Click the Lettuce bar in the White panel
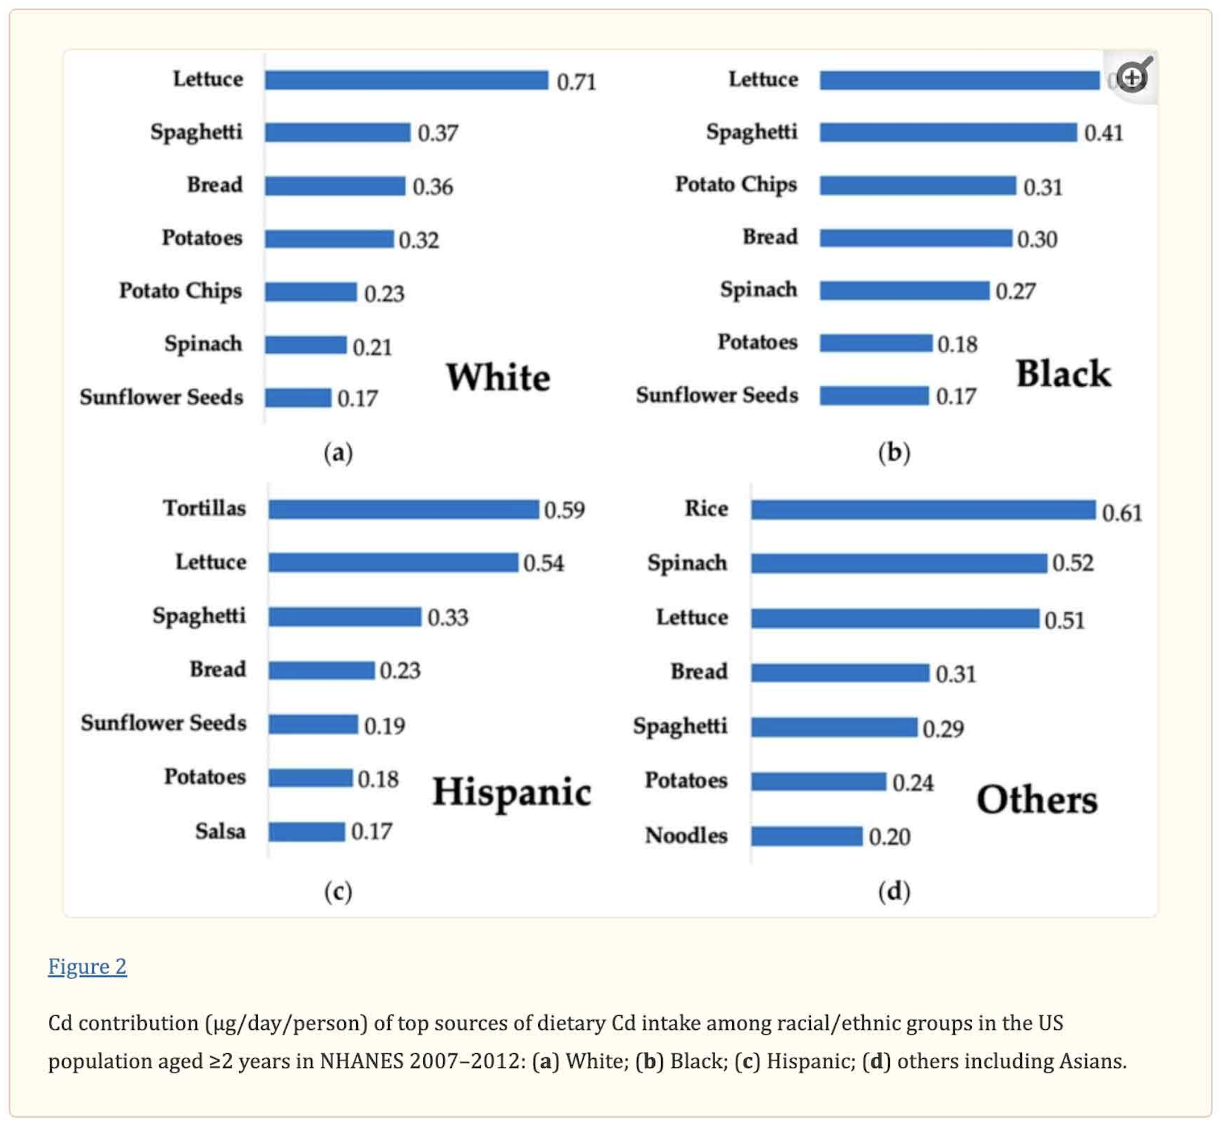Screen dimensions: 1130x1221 point(407,80)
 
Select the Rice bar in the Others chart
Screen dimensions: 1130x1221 point(923,510)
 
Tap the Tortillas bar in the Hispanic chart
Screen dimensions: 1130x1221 point(403,509)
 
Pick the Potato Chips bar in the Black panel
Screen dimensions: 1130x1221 point(917,185)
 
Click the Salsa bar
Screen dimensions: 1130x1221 point(307,832)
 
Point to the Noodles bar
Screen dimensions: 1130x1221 point(806,836)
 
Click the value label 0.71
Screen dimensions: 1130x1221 point(576,82)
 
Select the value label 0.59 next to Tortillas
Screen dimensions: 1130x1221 point(564,510)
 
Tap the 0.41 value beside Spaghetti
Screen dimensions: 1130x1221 point(1103,133)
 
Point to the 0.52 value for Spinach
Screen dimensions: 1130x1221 point(1072,563)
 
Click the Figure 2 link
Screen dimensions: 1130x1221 point(88,966)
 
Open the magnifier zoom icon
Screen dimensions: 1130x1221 point(1132,76)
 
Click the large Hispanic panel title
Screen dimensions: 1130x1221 point(511,793)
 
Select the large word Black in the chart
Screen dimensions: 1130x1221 point(1063,374)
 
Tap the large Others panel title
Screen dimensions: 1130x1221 point(1037,800)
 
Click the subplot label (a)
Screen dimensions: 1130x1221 point(338,453)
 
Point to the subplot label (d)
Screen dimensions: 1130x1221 point(894,892)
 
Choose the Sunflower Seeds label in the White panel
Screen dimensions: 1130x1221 point(162,398)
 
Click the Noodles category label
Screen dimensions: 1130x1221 point(686,836)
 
